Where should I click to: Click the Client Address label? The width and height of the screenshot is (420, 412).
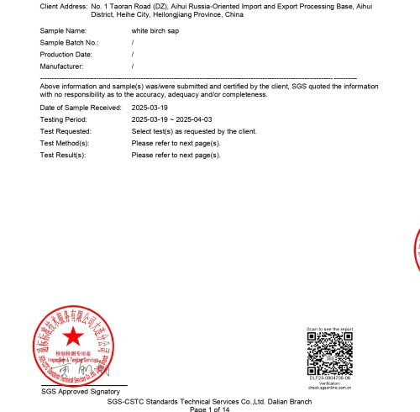[62, 6]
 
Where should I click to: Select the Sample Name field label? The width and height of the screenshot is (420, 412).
[64, 30]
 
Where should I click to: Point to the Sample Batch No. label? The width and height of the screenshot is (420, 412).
[69, 42]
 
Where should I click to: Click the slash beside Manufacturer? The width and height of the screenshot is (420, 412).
[133, 66]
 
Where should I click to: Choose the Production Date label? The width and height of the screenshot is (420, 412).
[66, 54]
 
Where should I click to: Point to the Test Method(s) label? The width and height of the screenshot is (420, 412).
[65, 144]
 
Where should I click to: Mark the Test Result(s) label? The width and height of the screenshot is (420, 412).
[64, 156]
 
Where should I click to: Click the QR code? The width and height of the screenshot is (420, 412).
[329, 353]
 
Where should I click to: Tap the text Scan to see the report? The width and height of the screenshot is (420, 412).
[329, 329]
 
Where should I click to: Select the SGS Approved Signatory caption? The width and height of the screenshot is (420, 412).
[81, 392]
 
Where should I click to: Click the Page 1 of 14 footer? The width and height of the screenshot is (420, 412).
[209, 409]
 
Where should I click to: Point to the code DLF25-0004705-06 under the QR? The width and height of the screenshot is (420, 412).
[329, 378]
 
